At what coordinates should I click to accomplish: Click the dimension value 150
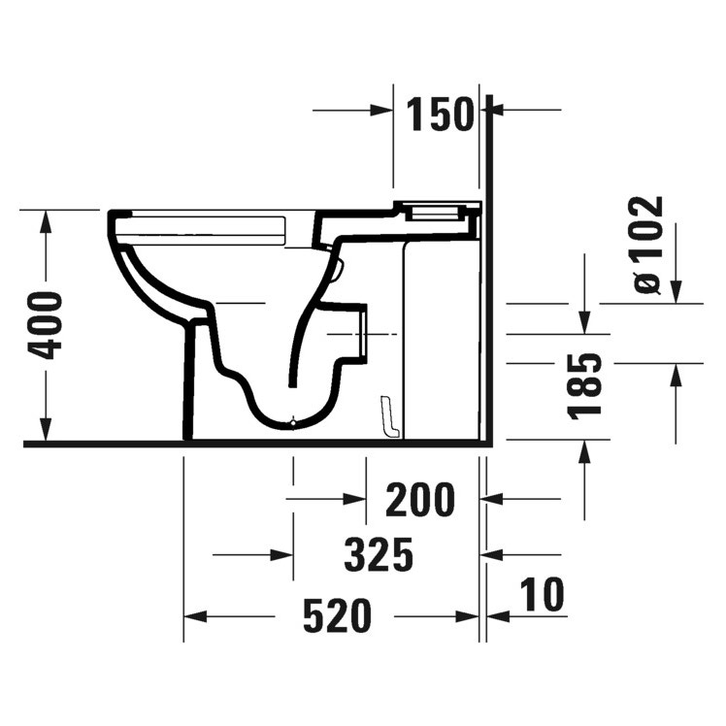(x=440, y=115)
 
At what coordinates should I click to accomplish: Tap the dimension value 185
(x=587, y=386)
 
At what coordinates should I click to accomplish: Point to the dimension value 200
(x=419, y=500)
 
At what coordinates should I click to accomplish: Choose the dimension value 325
(x=379, y=555)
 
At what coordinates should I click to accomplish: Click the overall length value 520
(x=337, y=615)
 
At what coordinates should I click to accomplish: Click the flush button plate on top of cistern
(x=436, y=208)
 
